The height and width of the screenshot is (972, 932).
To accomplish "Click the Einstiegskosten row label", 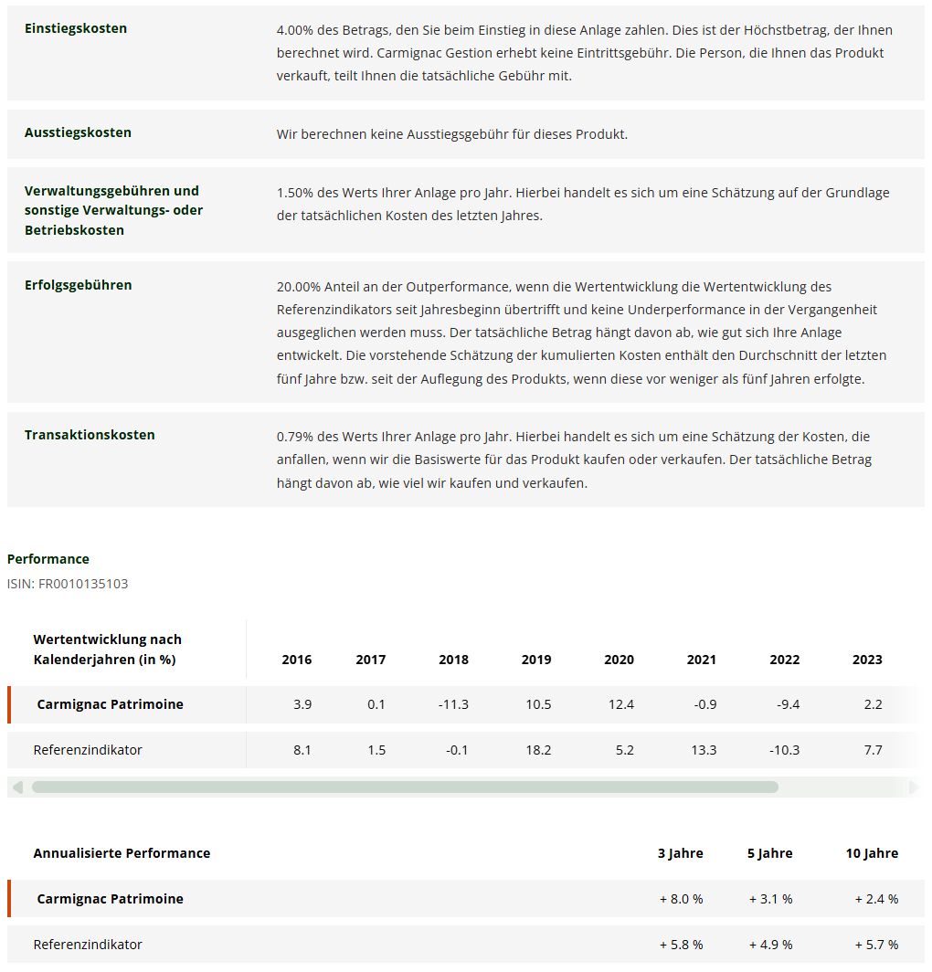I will pos(76,28).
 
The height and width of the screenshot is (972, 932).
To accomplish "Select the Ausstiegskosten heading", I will pos(78,132).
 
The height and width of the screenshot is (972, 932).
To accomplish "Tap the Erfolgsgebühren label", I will pos(78,285).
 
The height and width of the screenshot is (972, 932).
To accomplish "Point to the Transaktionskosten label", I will pos(90,435).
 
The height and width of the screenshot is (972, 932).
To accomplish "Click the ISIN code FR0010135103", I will pos(83,584).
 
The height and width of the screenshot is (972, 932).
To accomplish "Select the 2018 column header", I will pos(453,660).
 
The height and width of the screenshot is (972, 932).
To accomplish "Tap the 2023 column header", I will pos(867,660).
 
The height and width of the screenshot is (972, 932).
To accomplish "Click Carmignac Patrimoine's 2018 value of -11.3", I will pos(453,704).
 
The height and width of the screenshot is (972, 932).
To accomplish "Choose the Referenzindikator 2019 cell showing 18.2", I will pos(536,750).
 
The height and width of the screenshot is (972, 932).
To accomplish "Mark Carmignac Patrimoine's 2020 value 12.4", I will pos(620,704).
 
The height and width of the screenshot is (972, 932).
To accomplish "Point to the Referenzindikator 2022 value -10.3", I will pos(784,750).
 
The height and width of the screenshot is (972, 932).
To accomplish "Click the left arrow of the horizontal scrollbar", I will pos(17,787).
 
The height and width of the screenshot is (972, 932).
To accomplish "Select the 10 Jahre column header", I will pos(872,853).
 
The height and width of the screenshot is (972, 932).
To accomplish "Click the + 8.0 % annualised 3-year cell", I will pos(682,899).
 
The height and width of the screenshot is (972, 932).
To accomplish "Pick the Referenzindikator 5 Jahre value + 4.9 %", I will pos(770,945).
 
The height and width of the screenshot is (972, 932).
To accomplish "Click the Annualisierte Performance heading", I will pos(122,853).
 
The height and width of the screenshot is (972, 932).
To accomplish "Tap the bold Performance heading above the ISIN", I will pos(48,559).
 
